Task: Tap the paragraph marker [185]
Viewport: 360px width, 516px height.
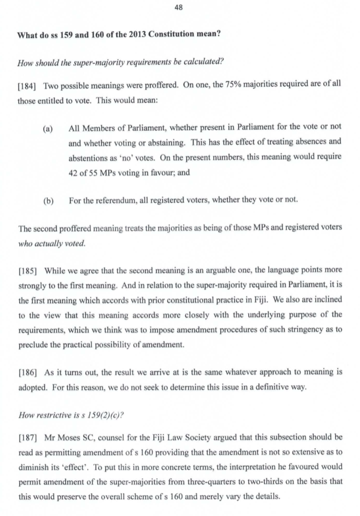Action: point(27,269)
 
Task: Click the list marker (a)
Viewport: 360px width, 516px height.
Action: point(48,127)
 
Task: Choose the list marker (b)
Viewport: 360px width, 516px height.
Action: point(48,200)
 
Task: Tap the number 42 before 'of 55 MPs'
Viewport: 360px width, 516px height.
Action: point(73,173)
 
